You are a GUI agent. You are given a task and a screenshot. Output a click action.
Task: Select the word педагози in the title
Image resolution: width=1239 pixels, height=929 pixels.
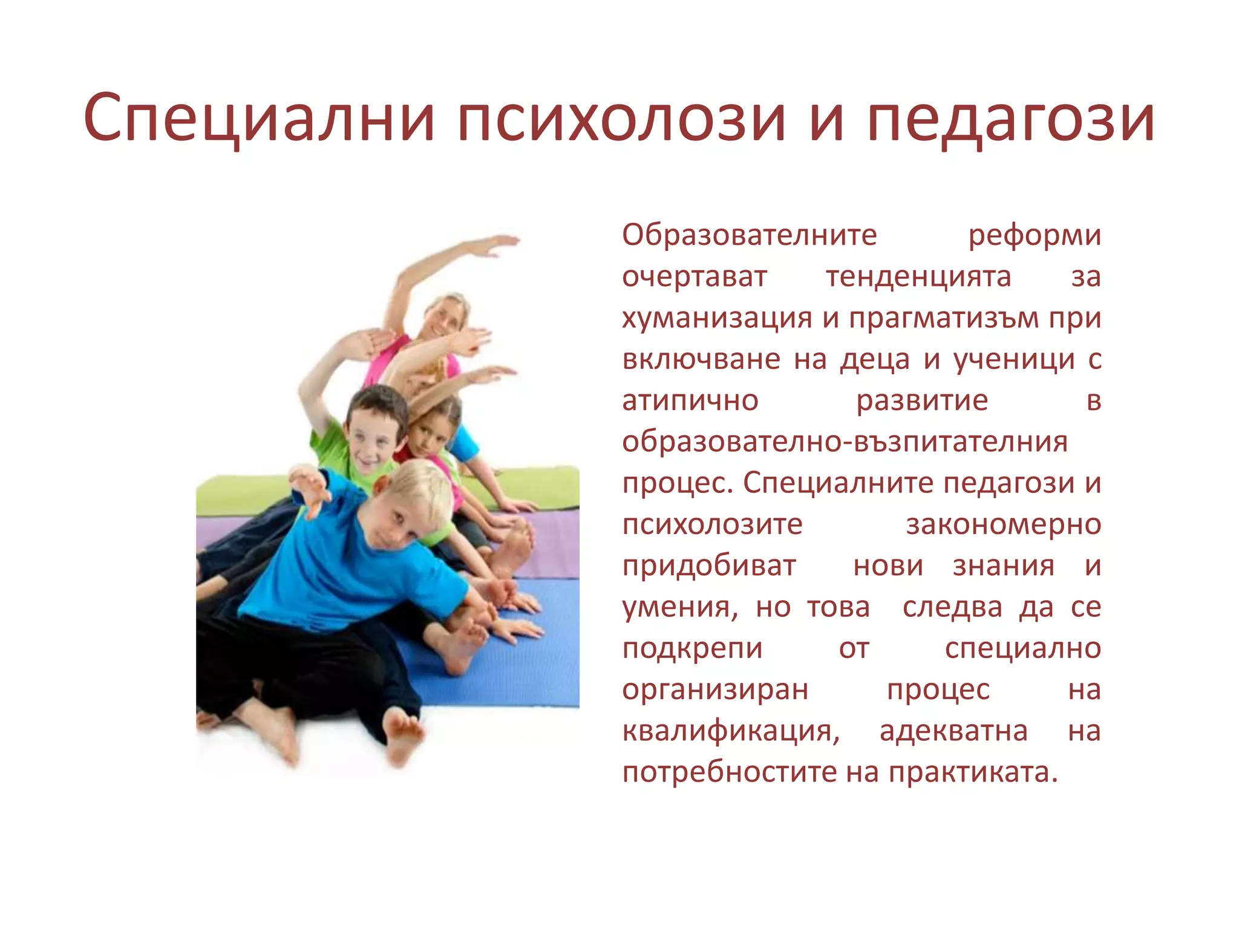(x=1010, y=119)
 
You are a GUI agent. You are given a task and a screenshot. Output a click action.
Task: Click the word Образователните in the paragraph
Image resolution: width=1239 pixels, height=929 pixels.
(x=749, y=235)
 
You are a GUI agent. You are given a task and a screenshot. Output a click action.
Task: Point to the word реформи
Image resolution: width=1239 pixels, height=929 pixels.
(x=1035, y=235)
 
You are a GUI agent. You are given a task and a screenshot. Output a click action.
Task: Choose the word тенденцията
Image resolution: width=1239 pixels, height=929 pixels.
(x=918, y=276)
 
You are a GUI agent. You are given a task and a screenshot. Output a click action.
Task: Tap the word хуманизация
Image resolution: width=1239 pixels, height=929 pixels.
(x=717, y=318)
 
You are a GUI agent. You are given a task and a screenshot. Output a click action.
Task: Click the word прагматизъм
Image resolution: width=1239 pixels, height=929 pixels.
(x=944, y=318)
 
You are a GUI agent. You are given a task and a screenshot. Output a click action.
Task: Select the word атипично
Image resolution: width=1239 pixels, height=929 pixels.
(x=690, y=400)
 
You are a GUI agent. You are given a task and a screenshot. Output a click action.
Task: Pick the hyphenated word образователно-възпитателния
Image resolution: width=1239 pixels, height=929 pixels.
(x=845, y=442)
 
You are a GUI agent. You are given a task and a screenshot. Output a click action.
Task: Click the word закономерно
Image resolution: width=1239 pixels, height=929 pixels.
(x=1003, y=524)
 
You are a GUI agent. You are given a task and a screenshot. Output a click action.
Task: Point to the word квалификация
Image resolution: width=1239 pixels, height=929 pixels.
(x=731, y=731)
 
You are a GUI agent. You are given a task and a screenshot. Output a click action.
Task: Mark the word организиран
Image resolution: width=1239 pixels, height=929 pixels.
(x=715, y=689)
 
